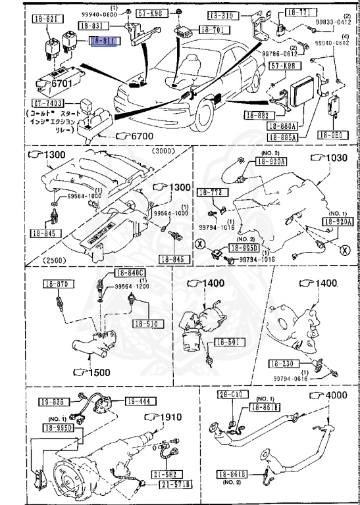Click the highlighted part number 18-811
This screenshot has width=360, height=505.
pos(103,41)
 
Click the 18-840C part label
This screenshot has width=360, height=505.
pos(130,273)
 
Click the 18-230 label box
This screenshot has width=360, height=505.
pos(281,363)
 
